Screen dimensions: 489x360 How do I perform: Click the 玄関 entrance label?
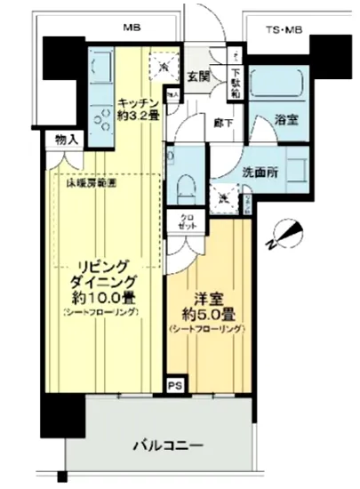(196, 75)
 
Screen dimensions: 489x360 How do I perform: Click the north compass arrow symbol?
(283, 235)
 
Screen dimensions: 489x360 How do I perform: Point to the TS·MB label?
(284, 31)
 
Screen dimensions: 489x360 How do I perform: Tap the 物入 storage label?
(66, 140)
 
